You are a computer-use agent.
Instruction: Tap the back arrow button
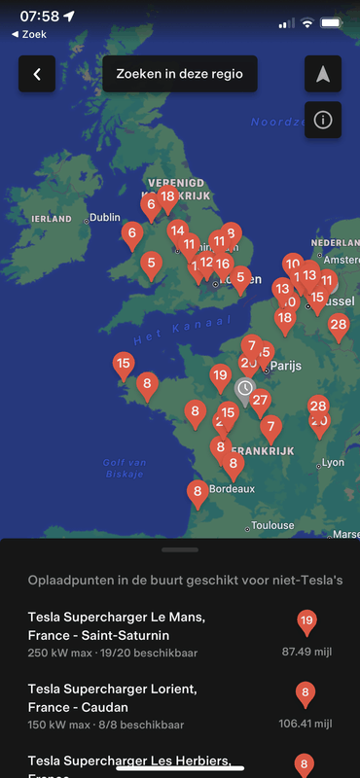point(37,74)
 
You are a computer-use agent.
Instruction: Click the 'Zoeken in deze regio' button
point(180,74)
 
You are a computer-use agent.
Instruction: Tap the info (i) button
point(323,121)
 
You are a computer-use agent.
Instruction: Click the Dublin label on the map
point(104,218)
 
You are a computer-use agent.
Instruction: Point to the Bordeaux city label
point(232,489)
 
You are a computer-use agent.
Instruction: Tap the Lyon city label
point(333,463)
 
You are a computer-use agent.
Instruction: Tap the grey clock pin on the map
point(245,389)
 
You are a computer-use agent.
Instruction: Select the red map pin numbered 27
point(260,401)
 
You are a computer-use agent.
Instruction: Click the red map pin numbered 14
point(176,231)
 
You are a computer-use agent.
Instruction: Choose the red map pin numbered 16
point(223,264)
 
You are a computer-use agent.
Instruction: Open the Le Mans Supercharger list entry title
point(117,626)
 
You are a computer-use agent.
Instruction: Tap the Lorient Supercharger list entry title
point(112,698)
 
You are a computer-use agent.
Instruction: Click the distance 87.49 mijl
point(306,652)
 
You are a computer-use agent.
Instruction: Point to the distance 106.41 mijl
point(306,724)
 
